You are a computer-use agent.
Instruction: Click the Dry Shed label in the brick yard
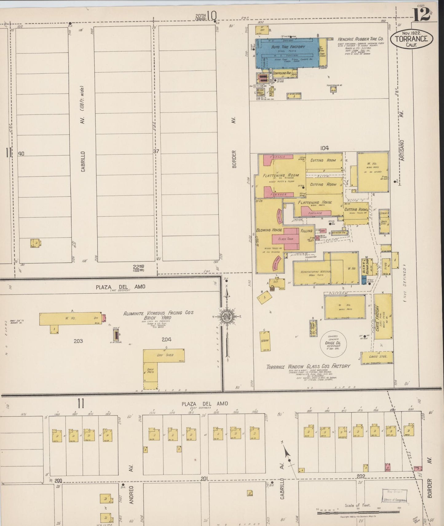pos(165,355)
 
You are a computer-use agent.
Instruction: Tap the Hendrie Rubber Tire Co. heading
pos(361,39)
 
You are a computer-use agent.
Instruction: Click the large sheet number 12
pos(422,15)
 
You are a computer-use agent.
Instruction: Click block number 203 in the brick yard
pos(78,341)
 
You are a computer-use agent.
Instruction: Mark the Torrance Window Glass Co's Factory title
pos(308,366)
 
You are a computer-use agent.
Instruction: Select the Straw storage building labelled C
pos(265,341)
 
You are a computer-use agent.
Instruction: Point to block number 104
pos(324,148)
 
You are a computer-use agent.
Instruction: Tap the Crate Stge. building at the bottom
pos(378,357)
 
